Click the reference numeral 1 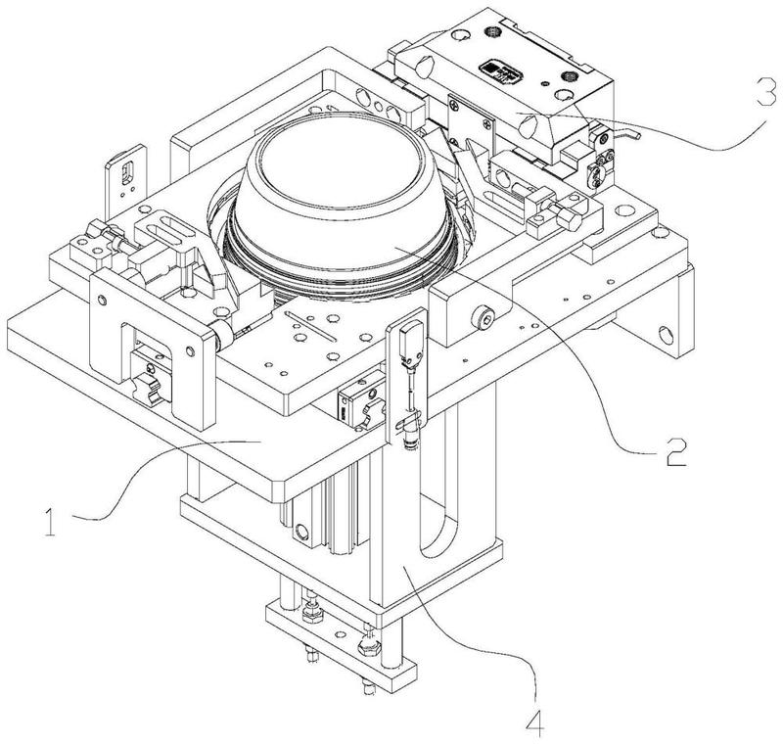click(50, 522)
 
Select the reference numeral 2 click(676, 452)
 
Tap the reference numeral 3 click(766, 91)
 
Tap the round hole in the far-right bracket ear click(667, 336)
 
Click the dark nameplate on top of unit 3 click(501, 73)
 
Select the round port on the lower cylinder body click(301, 530)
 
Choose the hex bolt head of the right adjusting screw click(571, 218)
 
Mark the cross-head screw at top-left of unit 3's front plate click(453, 106)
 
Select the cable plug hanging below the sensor click(410, 434)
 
